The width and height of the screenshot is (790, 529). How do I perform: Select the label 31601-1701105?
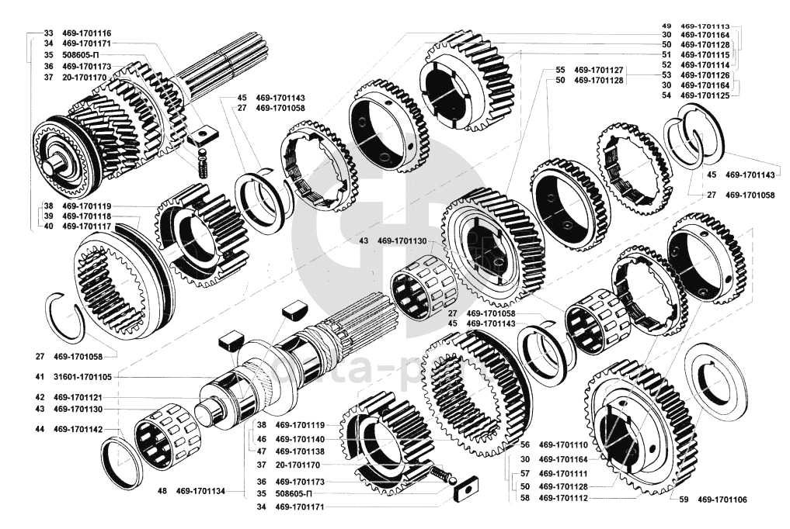click(x=82, y=376)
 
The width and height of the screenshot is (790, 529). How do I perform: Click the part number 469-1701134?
click(x=200, y=490)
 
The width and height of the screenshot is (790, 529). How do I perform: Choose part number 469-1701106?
click(x=722, y=499)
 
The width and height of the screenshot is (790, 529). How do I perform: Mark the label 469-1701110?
click(x=565, y=445)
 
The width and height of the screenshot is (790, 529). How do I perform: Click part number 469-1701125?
click(x=706, y=95)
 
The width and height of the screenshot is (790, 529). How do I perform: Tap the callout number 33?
click(x=48, y=33)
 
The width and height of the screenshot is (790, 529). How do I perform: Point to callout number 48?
click(x=162, y=490)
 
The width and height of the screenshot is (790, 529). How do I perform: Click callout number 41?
click(x=38, y=376)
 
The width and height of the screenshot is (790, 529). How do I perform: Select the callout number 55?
click(x=560, y=70)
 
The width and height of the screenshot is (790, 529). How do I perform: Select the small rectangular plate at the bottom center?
click(x=468, y=489)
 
